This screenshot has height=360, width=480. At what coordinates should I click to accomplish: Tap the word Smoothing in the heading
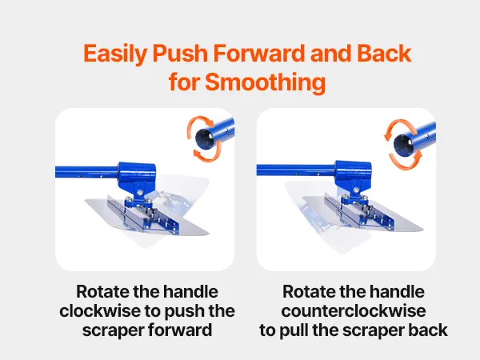[x=265, y=82]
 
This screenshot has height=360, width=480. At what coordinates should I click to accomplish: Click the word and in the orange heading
[x=330, y=53]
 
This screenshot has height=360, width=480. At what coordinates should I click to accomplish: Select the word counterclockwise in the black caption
[x=354, y=310]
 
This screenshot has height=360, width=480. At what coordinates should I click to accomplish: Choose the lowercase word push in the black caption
[x=185, y=311]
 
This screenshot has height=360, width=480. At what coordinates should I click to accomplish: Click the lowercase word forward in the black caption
[x=180, y=330]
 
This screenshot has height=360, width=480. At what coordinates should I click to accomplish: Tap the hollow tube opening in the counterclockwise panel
[x=403, y=145]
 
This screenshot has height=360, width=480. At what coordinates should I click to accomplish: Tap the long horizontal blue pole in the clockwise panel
[x=86, y=172]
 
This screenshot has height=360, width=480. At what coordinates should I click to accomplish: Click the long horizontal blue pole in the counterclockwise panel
[x=296, y=170]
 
